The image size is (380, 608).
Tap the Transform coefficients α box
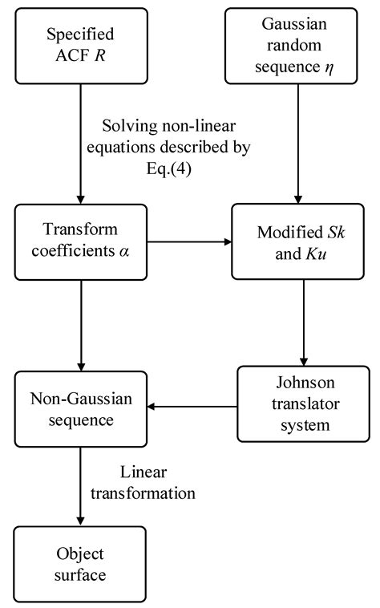pos(80,240)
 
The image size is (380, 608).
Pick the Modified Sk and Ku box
pos(303,240)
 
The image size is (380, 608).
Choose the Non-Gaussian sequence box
pos(80,409)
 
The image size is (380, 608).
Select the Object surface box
pos(80,564)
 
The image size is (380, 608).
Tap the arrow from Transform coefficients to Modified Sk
pos(189,240)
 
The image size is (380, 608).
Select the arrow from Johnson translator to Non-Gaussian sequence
pos(192,406)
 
